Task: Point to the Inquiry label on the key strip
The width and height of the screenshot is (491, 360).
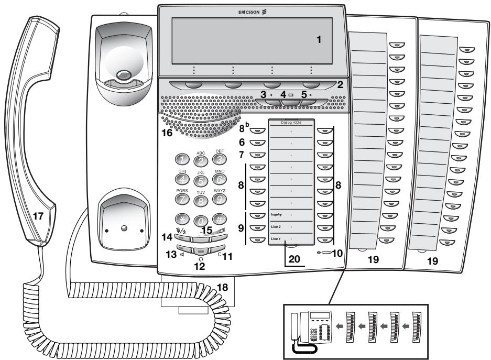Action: tap(277, 215)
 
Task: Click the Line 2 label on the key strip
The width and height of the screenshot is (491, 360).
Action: tap(276, 227)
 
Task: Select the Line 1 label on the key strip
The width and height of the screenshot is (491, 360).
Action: tap(276, 239)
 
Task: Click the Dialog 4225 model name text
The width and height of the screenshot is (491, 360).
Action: tap(291, 122)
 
